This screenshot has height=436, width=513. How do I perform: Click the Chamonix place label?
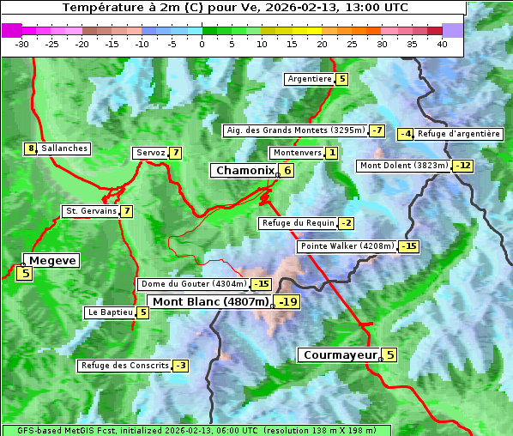(244, 171)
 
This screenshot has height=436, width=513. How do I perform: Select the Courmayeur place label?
(341, 354)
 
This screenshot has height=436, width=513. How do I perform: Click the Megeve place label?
(52, 260)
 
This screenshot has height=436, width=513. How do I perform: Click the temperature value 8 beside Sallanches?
(31, 148)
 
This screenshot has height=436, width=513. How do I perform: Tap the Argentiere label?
(310, 79)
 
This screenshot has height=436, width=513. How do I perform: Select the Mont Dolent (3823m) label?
(404, 166)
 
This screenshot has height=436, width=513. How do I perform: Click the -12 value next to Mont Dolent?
(463, 166)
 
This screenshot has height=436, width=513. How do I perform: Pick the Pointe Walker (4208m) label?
(347, 246)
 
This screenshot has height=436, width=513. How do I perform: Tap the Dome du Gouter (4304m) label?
(193, 284)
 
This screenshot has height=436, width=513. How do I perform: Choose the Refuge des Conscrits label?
(124, 366)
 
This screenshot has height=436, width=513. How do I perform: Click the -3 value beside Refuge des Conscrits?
(180, 366)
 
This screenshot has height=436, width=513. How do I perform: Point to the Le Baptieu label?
(110, 312)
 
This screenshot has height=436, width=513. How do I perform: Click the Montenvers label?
(296, 153)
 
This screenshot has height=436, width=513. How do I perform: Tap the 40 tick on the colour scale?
(442, 44)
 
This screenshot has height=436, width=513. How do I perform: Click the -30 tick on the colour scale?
(22, 44)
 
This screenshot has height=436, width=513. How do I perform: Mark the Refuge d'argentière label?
(459, 134)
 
